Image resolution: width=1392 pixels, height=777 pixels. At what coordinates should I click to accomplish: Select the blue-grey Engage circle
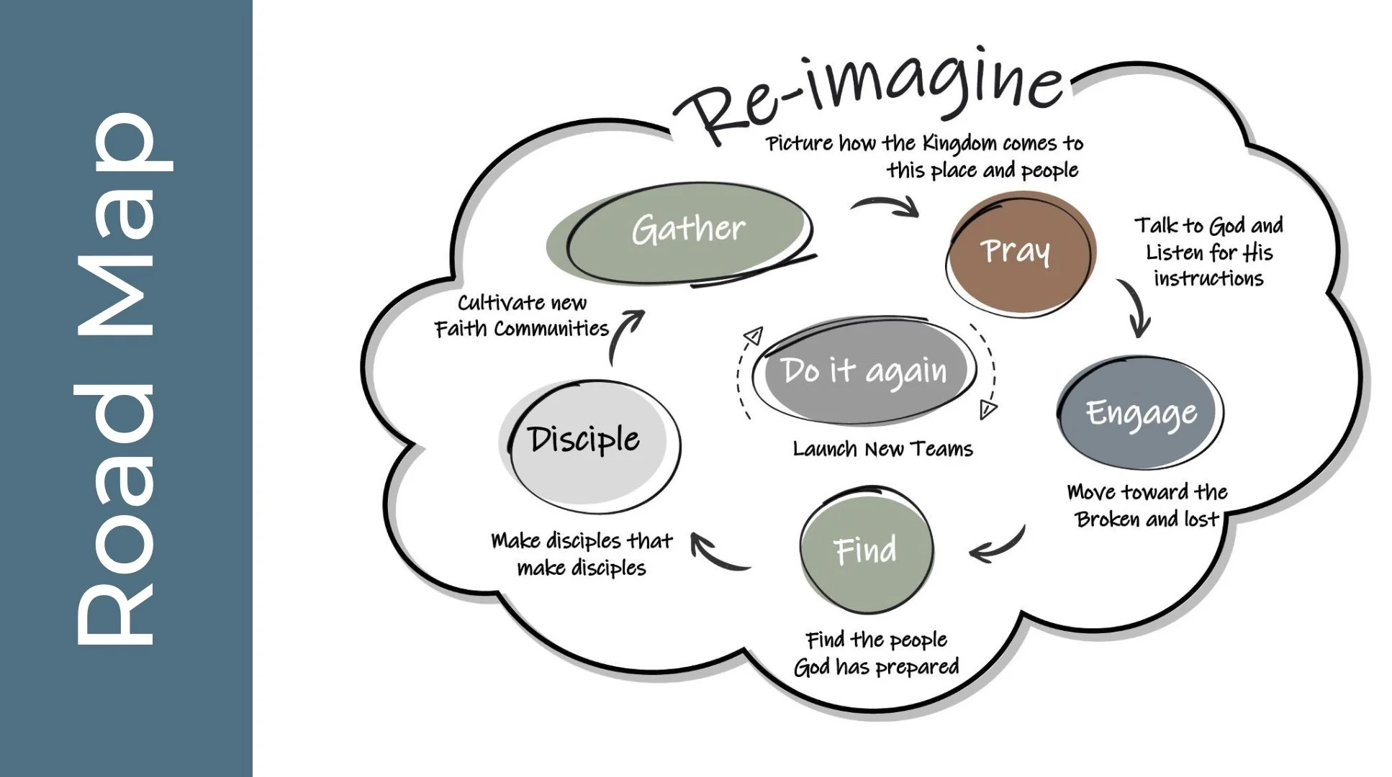coord(1141,413)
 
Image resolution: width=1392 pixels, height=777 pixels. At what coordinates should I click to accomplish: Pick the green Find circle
coord(866,550)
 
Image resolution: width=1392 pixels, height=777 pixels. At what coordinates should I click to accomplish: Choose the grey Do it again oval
coord(864,371)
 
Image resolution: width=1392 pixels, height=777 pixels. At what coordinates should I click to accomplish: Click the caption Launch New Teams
coord(882,450)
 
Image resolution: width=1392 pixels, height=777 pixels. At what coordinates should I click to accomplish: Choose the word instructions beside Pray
coord(1208,279)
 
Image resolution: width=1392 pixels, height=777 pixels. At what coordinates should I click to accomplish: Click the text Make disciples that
coord(582,541)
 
